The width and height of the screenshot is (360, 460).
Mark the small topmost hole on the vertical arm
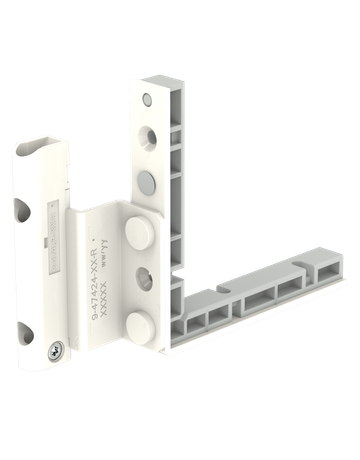149,100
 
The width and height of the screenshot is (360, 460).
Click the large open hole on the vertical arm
147,138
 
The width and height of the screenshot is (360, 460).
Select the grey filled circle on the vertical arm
147,181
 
